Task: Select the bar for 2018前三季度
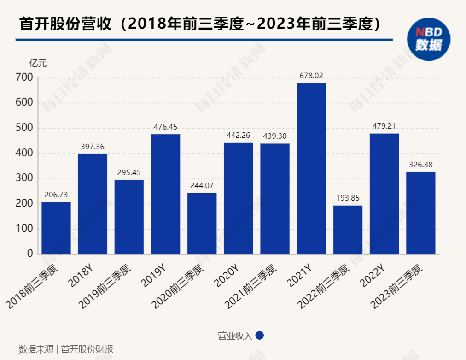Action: tap(56, 228)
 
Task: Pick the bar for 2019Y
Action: tap(165, 194)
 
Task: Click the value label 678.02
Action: tap(311, 76)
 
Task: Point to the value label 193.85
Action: tap(348, 198)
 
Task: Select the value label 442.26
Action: tap(239, 136)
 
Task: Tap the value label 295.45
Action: tap(129, 172)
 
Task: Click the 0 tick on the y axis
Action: tap(30, 254)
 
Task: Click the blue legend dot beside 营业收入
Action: tap(259, 336)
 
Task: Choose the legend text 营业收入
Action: tap(235, 336)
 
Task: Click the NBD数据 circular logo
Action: tap(429, 39)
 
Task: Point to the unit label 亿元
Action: tap(38, 64)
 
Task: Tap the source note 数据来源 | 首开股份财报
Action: tap(66, 349)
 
